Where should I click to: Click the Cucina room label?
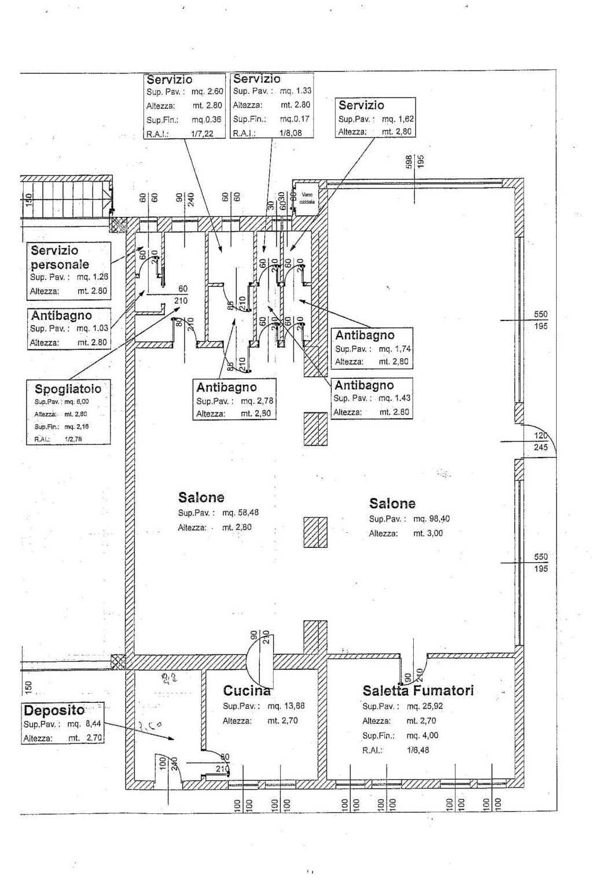click(247, 690)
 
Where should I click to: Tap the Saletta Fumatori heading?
click(418, 690)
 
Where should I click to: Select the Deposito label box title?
click(54, 710)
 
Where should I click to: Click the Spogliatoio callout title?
click(68, 389)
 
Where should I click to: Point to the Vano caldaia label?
click(307, 198)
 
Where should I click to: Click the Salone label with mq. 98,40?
click(392, 503)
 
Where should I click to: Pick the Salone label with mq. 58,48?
click(201, 497)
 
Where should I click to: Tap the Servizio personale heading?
click(60, 257)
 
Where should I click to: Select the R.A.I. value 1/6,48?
click(418, 750)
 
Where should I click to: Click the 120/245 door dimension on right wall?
click(541, 441)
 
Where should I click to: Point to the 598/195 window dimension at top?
click(415, 161)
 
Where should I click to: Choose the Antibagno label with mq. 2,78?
click(226, 387)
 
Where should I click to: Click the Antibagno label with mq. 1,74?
click(365, 334)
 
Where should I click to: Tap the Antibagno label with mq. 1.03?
click(61, 316)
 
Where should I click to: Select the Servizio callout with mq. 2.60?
click(170, 79)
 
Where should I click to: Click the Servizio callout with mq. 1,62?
click(361, 105)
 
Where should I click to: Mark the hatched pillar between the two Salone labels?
click(315, 532)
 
